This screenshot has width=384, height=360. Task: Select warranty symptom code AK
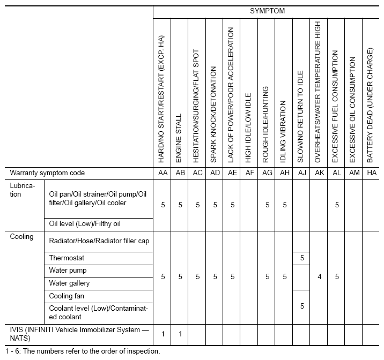click(319, 173)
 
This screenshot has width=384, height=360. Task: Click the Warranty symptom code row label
click(48, 173)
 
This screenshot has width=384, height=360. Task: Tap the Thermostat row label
click(67, 258)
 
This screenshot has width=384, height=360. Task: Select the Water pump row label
click(68, 271)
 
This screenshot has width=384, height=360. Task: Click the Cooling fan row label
click(67, 296)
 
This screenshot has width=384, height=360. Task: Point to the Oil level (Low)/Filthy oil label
click(85, 223)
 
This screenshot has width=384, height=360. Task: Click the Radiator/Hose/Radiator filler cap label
click(99, 241)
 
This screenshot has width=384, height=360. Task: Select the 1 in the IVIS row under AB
click(180, 334)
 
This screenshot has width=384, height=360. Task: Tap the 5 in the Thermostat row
click(302, 258)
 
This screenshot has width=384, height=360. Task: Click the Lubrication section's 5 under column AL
click(336, 205)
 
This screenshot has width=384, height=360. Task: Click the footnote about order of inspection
click(80, 351)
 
